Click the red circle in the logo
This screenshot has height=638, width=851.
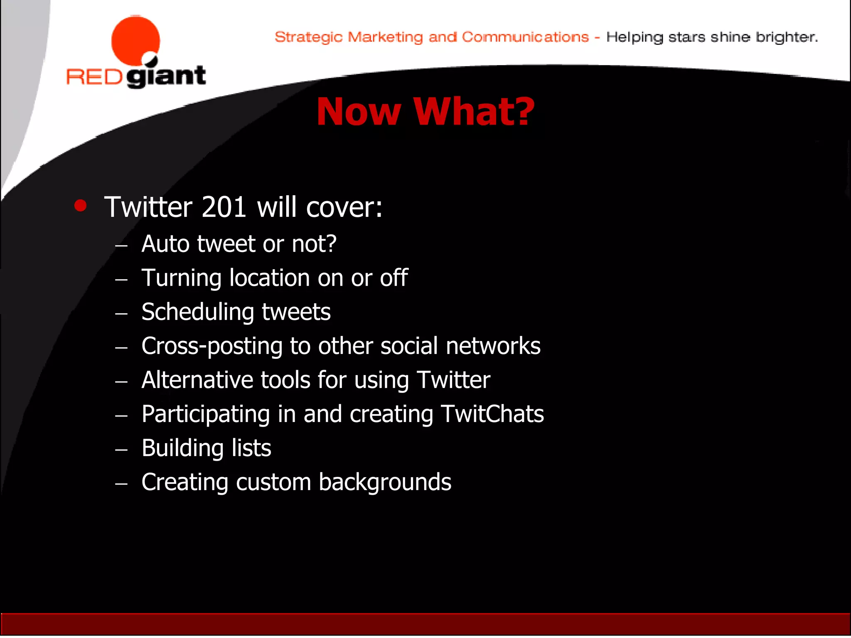135,40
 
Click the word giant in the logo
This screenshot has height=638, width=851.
166,76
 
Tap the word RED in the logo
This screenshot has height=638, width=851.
94,77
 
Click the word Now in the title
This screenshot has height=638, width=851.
358,112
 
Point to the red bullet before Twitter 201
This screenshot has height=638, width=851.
80,206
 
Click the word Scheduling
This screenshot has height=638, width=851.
197,312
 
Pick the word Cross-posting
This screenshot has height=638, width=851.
212,346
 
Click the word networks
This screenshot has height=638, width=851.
493,346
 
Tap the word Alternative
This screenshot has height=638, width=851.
197,380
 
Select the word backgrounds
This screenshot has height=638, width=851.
385,483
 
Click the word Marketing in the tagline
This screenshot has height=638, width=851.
385,37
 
